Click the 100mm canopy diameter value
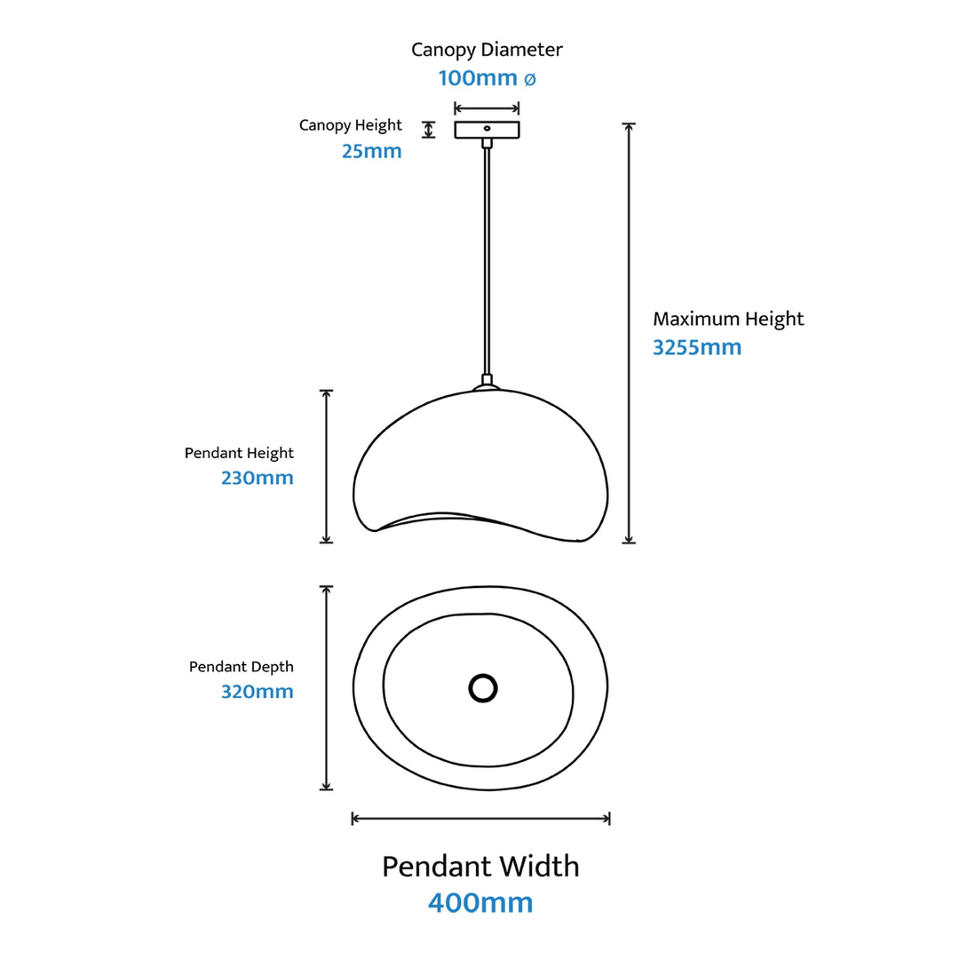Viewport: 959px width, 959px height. click(477, 78)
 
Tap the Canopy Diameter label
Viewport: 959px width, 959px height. click(487, 50)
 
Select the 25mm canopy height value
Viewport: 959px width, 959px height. click(371, 151)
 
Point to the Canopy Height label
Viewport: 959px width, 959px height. click(350, 125)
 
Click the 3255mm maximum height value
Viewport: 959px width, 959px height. click(697, 347)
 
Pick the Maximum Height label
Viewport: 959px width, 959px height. click(728, 319)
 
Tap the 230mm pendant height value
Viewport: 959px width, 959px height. click(257, 478)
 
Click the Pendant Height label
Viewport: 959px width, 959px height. click(239, 453)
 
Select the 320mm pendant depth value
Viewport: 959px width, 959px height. click(257, 691)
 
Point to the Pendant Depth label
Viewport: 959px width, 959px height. click(241, 666)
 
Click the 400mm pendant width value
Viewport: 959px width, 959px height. click(480, 903)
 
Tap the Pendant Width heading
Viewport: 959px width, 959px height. click(480, 866)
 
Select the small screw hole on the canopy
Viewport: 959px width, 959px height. click(487, 129)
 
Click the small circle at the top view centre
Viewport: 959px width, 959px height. click(482, 687)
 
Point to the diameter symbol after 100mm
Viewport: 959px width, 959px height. click(529, 79)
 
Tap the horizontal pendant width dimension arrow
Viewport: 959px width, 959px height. click(480, 818)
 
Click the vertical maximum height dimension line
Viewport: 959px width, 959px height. click(629, 333)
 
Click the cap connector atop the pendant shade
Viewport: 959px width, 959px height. click(485, 384)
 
